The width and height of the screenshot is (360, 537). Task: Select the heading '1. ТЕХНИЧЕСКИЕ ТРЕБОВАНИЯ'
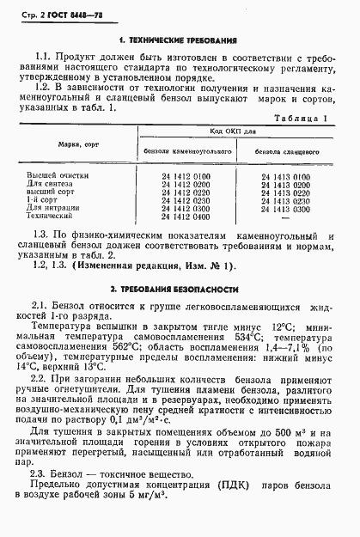(x=179, y=40)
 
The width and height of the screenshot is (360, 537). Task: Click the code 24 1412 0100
(x=185, y=176)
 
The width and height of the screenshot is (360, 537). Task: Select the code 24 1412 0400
(x=185, y=216)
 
